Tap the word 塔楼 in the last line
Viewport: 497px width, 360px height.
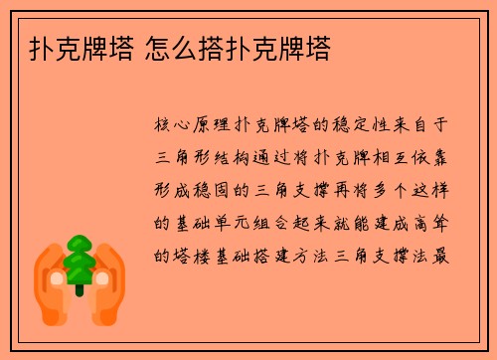point(187,255)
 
